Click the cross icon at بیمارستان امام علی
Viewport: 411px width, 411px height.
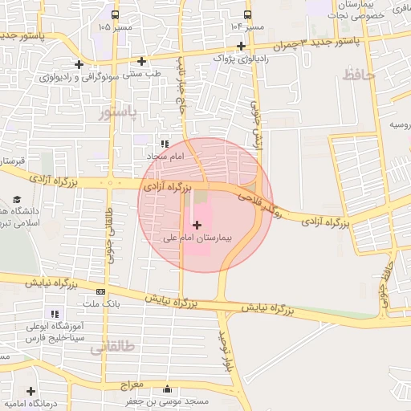pyautogui.click(x=197, y=226)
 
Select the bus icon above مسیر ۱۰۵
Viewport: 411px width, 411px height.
pyautogui.click(x=116, y=14)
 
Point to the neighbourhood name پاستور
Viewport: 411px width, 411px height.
pyautogui.click(x=117, y=112)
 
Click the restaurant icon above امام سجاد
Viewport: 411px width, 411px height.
pyautogui.click(x=165, y=143)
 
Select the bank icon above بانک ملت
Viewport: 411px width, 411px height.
pyautogui.click(x=100, y=291)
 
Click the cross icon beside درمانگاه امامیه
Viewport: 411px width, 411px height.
pyautogui.click(x=31, y=391)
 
